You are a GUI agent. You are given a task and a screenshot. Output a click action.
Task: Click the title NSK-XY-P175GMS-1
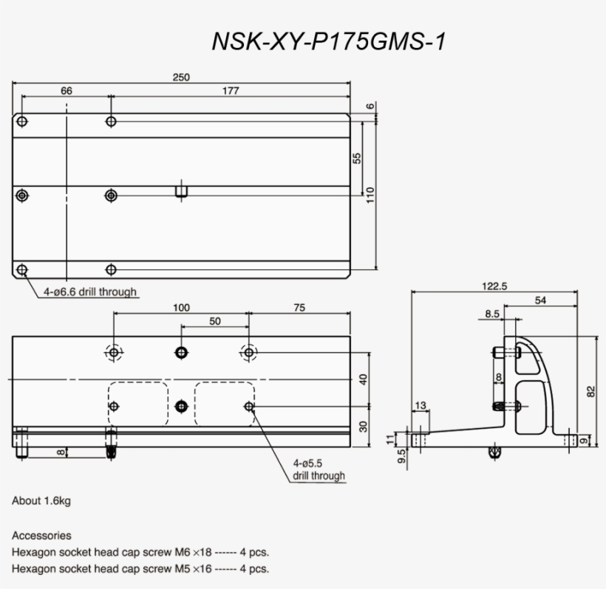(329, 41)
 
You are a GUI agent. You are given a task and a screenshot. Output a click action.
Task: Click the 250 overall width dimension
(181, 77)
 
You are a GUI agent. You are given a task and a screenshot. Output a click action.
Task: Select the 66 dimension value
(66, 91)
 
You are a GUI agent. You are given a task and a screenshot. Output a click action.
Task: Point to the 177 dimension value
(230, 91)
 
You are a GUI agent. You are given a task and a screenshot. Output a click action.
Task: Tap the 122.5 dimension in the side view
(494, 287)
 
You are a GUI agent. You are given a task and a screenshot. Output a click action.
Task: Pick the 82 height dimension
(590, 391)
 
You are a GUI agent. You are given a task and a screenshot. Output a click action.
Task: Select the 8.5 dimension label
(493, 314)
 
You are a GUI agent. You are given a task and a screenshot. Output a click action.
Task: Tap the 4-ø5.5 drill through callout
(319, 469)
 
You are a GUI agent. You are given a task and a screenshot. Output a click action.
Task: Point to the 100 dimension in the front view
(181, 308)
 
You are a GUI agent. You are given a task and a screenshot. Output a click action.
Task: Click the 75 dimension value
(299, 308)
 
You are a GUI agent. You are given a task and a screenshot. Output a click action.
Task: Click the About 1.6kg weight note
(41, 501)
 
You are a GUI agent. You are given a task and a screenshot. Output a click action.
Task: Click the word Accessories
(41, 535)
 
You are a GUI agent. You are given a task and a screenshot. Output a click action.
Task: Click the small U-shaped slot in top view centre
(181, 192)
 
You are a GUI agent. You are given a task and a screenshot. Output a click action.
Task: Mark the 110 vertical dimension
(370, 194)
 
